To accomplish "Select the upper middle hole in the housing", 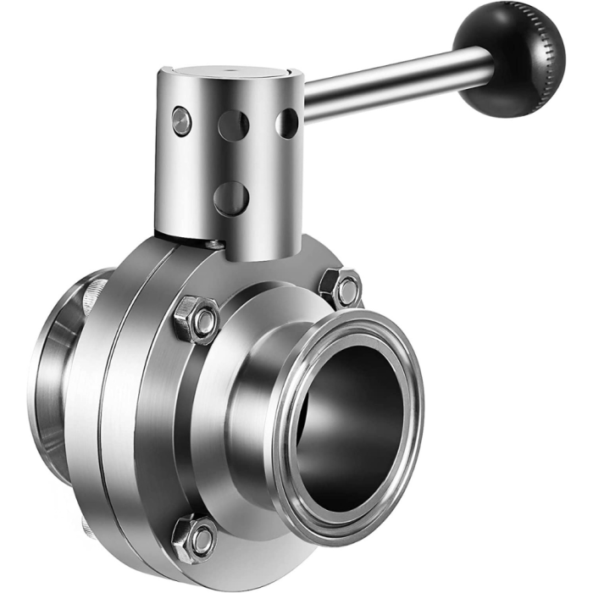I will point(233,125).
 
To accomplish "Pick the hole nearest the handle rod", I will point(286,123).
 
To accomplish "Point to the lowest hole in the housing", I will point(231,197).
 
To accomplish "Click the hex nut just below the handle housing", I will point(197,320).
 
